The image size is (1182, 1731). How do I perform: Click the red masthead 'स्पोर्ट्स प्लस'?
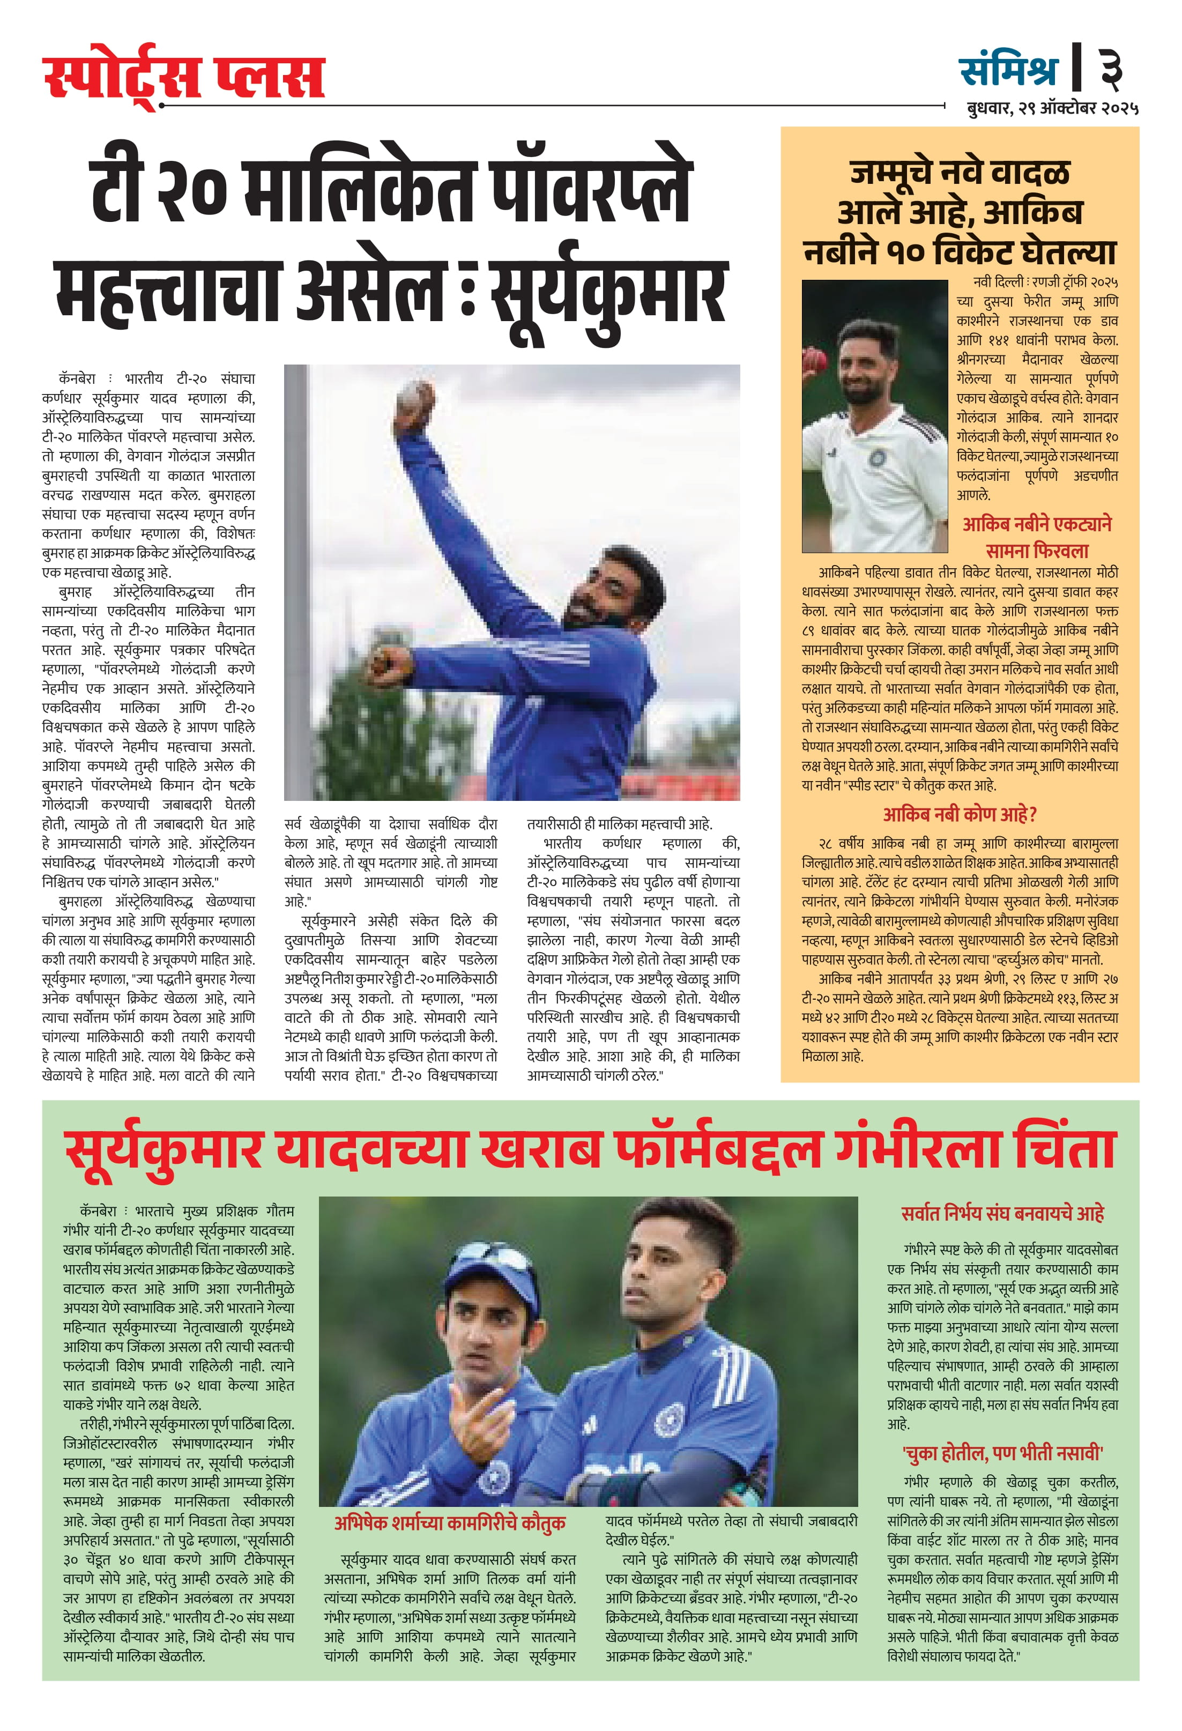(184, 76)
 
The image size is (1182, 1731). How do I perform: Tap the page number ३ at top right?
(1112, 68)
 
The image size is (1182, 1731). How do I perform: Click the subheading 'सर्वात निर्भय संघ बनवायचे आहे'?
(1002, 1213)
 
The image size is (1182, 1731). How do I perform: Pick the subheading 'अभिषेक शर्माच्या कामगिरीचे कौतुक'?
(449, 1522)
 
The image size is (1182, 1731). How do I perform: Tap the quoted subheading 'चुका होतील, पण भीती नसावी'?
(1002, 1452)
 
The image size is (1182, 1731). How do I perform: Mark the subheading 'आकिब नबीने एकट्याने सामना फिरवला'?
(1036, 538)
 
